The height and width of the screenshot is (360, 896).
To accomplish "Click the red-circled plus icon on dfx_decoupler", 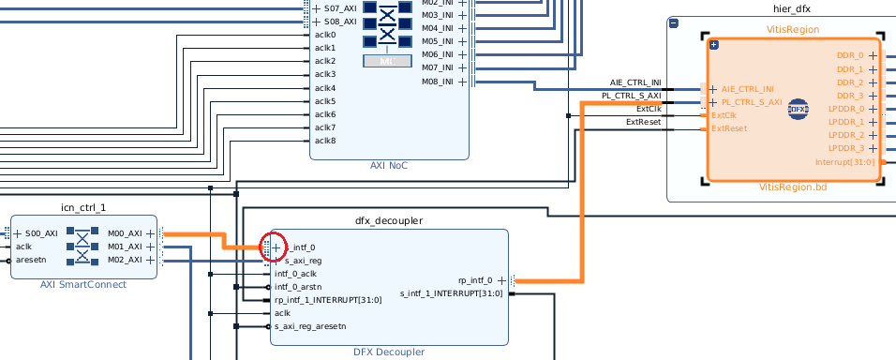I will pyautogui.click(x=276, y=247).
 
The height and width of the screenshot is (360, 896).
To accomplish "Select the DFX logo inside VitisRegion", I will pyautogui.click(x=798, y=108).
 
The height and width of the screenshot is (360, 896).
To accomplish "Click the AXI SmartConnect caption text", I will pyautogui.click(x=83, y=285).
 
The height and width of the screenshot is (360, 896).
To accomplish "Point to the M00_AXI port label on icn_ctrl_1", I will pyautogui.click(x=125, y=233).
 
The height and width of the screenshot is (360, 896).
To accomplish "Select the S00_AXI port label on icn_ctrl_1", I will pyautogui.click(x=42, y=233).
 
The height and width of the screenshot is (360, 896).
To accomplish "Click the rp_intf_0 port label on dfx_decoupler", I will pyautogui.click(x=475, y=280).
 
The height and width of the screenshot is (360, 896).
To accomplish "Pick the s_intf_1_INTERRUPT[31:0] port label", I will pyautogui.click(x=452, y=293).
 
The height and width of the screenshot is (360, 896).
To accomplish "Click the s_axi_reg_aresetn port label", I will pyautogui.click(x=310, y=326).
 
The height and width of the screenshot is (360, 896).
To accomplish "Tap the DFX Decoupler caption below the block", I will pyautogui.click(x=389, y=352).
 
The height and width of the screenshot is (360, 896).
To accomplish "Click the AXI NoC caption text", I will pyautogui.click(x=390, y=166).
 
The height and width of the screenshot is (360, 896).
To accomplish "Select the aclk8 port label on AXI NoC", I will pyautogui.click(x=325, y=141).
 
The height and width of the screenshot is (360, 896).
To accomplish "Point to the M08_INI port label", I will pyautogui.click(x=438, y=82).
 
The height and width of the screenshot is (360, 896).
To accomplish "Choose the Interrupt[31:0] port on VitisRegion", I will pyautogui.click(x=844, y=161).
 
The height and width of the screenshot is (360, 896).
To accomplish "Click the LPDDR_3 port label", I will pyautogui.click(x=846, y=148).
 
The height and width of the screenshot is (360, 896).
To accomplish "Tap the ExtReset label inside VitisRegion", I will pyautogui.click(x=729, y=128).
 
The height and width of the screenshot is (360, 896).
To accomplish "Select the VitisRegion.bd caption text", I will pyautogui.click(x=793, y=187).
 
